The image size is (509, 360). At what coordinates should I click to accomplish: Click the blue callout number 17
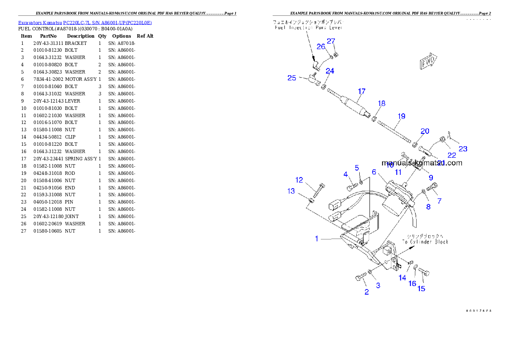361,91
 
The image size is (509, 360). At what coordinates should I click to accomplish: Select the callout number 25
291,78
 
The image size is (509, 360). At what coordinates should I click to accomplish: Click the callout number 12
299,180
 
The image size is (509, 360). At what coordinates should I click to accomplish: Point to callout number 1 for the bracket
317,239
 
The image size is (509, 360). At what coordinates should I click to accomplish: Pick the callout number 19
401,116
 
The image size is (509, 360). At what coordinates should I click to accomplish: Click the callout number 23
463,149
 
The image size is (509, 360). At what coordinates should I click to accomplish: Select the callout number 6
373,172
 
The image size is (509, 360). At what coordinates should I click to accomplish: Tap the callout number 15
421,289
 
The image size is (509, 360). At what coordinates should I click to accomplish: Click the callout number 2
366,292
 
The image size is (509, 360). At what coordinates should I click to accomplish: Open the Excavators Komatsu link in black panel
85,23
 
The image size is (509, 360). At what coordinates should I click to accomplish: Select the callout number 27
331,41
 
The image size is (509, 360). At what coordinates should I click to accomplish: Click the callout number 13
291,191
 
